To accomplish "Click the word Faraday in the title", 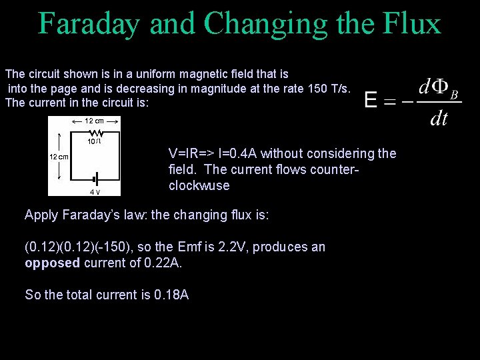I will (89, 23).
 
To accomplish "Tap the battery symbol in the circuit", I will (95, 179).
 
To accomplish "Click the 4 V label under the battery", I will (95, 192).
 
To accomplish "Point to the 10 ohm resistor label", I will (94, 141).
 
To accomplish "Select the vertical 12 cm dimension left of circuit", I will (59, 157).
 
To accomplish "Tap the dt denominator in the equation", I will (439, 119).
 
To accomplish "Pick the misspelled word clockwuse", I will (199, 186).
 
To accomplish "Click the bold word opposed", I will (51, 263).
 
